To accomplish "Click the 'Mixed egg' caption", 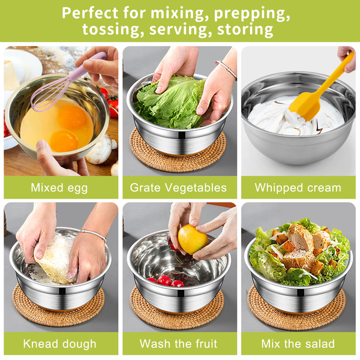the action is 59,188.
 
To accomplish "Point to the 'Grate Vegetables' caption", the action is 178,188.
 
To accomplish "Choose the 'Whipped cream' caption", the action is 298,188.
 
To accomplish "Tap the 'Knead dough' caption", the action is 59,344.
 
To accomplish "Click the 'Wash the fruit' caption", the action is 178,344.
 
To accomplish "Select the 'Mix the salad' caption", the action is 298,344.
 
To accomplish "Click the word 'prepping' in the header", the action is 252,14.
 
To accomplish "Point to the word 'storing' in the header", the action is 245,29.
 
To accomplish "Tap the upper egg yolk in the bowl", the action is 72,117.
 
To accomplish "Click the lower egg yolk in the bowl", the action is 64,141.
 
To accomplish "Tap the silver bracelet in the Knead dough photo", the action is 94,234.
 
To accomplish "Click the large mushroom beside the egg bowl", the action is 99,149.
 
